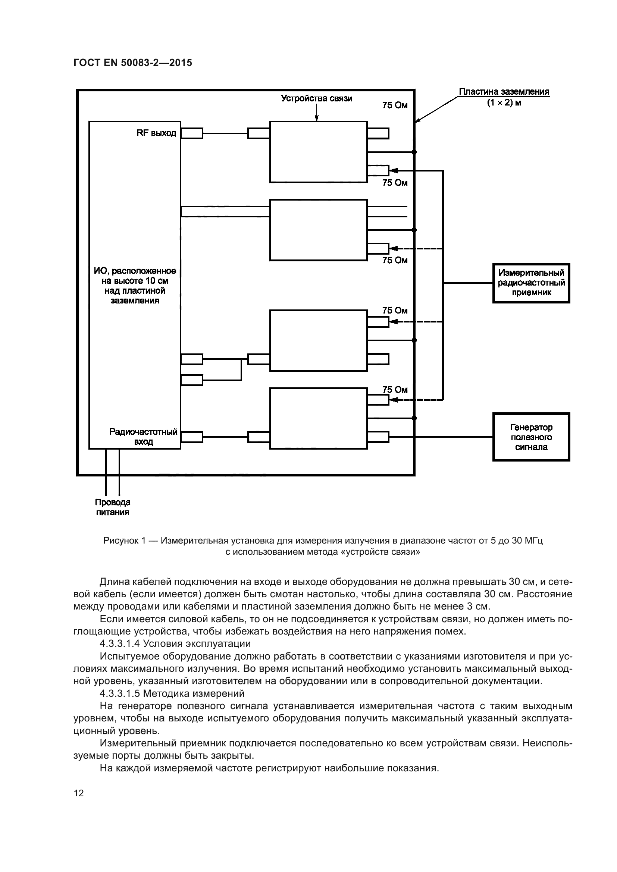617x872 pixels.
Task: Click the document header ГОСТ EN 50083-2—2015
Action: tap(132, 63)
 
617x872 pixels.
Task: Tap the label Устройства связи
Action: tap(316, 98)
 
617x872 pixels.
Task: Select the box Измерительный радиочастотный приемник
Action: tap(531, 283)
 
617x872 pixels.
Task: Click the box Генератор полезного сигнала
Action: tap(531, 437)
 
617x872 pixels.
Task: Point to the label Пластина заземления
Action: tap(504, 92)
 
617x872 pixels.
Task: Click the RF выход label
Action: tap(157, 133)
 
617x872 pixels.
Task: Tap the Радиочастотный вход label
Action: tap(143, 437)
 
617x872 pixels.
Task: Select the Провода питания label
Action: tap(112, 507)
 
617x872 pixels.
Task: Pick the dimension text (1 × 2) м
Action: tap(504, 103)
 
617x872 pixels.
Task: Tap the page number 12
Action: tap(79, 793)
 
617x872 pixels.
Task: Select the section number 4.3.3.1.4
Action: tap(120, 644)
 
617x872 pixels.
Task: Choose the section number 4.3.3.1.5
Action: tap(120, 693)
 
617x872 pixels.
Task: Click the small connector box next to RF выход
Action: tap(192, 133)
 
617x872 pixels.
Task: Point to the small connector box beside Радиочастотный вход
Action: tap(192, 437)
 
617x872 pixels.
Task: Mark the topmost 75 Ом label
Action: tap(395, 105)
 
